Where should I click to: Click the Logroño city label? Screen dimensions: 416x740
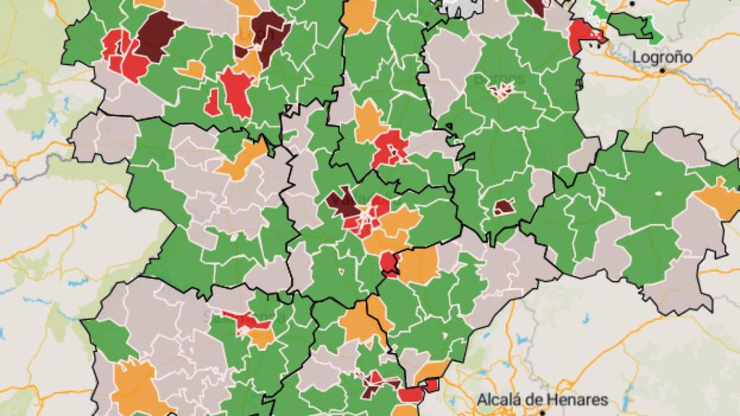pos(662,57)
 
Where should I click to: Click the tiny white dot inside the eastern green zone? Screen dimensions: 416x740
pos(658,193)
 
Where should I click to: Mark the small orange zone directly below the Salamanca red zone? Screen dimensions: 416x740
pos(262,338)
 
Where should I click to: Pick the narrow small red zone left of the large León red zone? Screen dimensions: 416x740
pos(212,102)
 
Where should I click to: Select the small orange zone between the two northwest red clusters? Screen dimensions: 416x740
pos(192,69)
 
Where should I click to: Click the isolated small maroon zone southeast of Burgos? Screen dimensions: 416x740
pos(504,207)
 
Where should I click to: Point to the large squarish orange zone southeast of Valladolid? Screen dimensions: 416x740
pos(419,265)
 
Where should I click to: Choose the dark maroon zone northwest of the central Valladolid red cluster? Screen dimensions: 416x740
pos(340,202)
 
